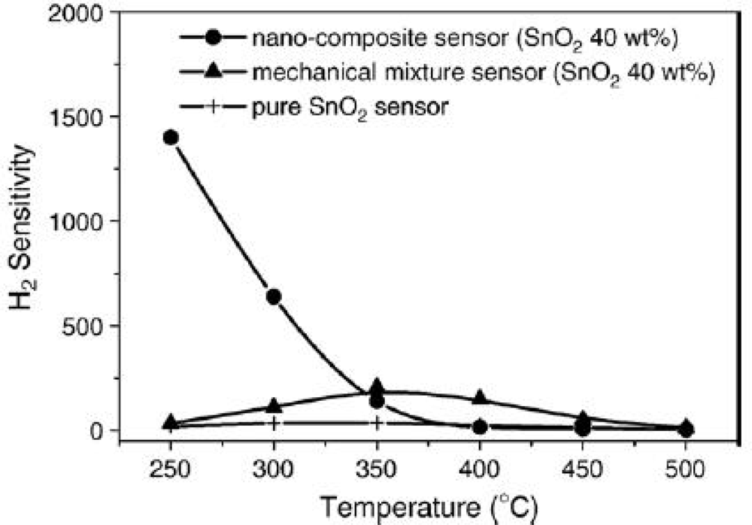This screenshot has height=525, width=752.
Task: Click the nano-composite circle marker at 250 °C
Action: pyautogui.click(x=171, y=137)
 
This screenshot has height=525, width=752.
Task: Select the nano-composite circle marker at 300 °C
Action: pyautogui.click(x=274, y=296)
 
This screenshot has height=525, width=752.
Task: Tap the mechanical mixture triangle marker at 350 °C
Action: pyautogui.click(x=377, y=387)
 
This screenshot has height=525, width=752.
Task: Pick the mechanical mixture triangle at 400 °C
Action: pyautogui.click(x=480, y=397)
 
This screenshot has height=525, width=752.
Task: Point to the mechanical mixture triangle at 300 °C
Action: pyautogui.click(x=274, y=405)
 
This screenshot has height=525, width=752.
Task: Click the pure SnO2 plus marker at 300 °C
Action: pyautogui.click(x=274, y=423)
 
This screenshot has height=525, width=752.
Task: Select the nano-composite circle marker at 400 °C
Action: pyautogui.click(x=480, y=427)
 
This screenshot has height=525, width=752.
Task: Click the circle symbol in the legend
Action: pyautogui.click(x=213, y=38)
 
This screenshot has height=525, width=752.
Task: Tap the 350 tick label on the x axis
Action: pyautogui.click(x=377, y=469)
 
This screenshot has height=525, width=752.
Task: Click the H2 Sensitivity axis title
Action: pyautogui.click(x=23, y=223)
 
